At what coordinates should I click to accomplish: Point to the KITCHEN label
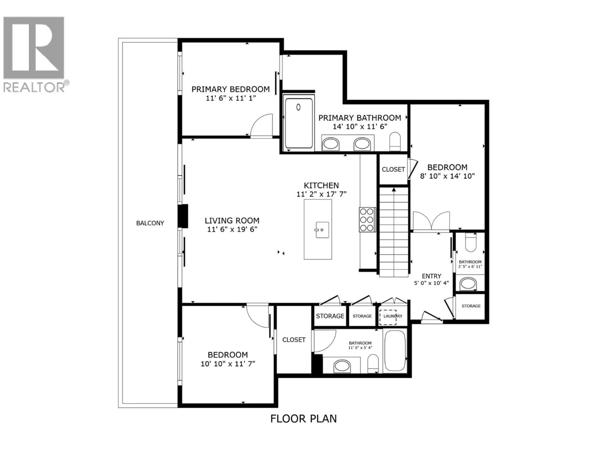(x=321, y=185)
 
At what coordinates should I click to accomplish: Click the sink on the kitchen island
(x=322, y=230)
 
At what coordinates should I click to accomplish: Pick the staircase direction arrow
(x=394, y=190)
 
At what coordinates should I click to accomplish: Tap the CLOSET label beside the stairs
(x=393, y=170)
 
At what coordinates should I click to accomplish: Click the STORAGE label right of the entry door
(x=471, y=306)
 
